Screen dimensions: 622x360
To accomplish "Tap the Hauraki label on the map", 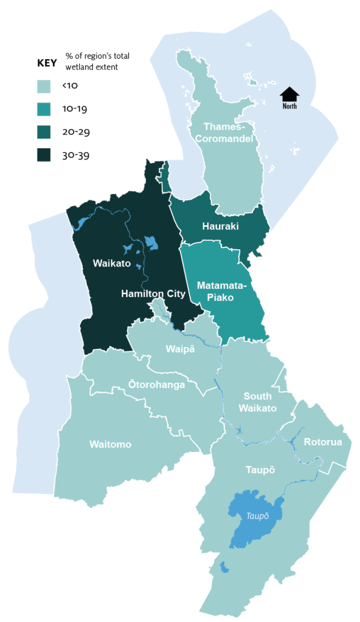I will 220,226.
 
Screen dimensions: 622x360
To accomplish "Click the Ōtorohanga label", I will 157,384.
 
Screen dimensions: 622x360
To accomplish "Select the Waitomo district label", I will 110,444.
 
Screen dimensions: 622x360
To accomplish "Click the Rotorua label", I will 323,442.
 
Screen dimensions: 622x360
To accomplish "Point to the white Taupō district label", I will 260,470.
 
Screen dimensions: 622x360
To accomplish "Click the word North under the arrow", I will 289,106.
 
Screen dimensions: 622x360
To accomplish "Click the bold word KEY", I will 47,62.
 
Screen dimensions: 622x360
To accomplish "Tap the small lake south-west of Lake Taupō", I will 224,567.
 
